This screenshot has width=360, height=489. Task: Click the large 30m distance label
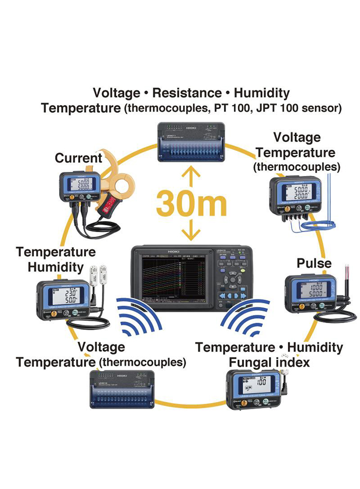191,203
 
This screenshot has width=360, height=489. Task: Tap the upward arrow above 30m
191,178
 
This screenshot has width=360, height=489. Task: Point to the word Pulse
314,264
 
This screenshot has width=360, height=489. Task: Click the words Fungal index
269,362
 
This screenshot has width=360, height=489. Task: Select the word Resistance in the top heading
187,93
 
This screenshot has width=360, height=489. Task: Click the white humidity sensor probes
100,276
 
